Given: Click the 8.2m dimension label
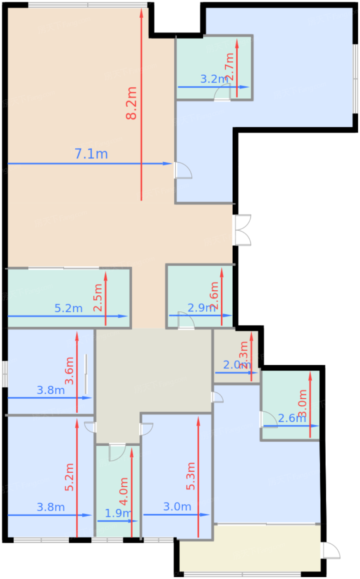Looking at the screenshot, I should (x=131, y=103).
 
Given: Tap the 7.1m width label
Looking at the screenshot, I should (x=91, y=154).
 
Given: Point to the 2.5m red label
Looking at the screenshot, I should (x=98, y=297).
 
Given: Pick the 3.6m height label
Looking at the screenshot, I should (x=69, y=371).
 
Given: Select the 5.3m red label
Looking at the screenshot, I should (x=191, y=476).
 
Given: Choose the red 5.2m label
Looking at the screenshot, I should (x=69, y=477).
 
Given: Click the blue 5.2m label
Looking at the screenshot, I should (x=69, y=309).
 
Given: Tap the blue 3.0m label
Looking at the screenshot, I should (x=177, y=507).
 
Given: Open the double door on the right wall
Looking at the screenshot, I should (x=243, y=230).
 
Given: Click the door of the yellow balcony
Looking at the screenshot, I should (x=331, y=550).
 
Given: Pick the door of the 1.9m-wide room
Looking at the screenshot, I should (x=117, y=452).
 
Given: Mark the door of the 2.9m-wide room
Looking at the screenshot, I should (x=186, y=320).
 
